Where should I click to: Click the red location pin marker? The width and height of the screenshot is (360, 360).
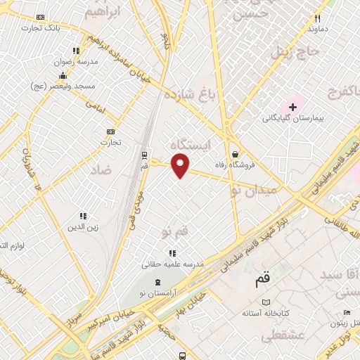point(181,166)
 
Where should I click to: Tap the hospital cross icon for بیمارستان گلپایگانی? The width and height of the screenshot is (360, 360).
point(292,106)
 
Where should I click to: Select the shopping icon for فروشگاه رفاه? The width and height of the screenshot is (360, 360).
point(234,155)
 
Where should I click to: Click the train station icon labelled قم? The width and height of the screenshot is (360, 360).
point(144,155)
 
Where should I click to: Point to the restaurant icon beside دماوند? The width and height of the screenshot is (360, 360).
point(318,19)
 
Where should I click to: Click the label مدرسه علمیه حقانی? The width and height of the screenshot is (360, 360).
point(173,264)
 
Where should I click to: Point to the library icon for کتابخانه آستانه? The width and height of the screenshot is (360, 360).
point(265,302)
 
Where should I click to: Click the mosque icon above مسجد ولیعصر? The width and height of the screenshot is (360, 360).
point(63,76)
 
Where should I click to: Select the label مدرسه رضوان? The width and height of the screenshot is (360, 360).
point(78,61)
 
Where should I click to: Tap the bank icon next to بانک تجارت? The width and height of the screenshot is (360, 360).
point(40,18)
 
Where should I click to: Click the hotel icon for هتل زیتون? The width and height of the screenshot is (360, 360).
point(346,313)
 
